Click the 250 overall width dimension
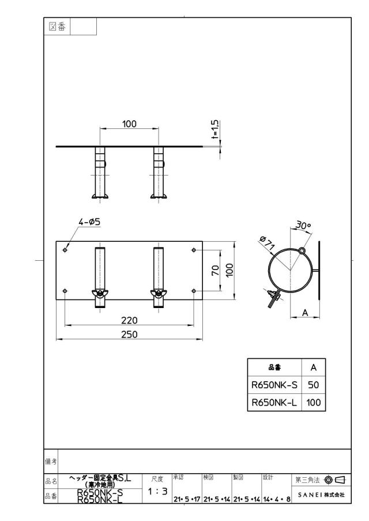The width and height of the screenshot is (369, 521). coord(129,334)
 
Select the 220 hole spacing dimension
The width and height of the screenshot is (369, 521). coord(129,320)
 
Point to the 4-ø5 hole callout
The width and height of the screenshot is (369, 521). coord(89,222)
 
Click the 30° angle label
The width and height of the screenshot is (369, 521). coord(303,225)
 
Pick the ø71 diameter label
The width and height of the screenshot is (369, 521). coord(267,242)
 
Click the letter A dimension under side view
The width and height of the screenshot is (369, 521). coord(305,313)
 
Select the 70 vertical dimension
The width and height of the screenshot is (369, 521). coord(216,270)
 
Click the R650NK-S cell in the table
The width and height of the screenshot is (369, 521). coord(274,385)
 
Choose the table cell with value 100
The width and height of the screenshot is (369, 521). coord(314,402)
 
